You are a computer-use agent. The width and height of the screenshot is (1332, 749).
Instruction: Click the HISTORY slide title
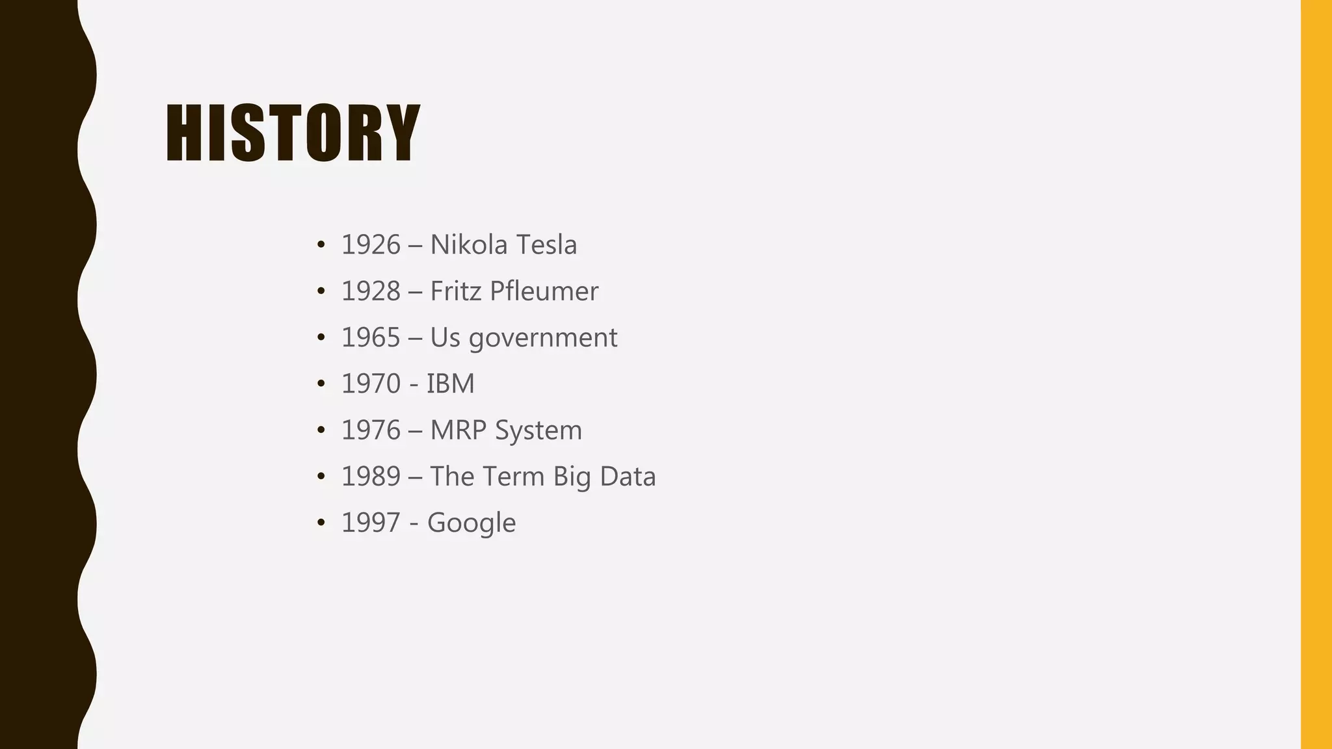tap(293, 133)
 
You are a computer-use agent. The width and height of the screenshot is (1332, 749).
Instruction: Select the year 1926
tap(371, 245)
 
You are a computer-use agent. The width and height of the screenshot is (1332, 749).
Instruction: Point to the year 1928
tap(371, 291)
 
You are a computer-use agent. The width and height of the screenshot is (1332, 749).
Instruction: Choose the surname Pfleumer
tap(544, 291)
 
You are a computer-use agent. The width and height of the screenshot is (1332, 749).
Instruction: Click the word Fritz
tap(455, 291)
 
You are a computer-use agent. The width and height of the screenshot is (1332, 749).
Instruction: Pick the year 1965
tap(371, 337)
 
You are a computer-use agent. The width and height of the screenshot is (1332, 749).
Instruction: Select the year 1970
tap(371, 384)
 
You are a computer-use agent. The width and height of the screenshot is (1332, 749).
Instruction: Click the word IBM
tap(450, 384)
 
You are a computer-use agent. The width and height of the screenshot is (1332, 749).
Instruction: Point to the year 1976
tap(371, 430)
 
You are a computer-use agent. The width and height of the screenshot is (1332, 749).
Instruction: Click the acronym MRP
tap(459, 430)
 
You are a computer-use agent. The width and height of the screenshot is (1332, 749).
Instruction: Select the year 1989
tap(371, 477)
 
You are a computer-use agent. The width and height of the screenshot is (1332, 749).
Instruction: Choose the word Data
tap(628, 477)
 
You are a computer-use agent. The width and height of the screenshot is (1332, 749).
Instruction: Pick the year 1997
tap(371, 523)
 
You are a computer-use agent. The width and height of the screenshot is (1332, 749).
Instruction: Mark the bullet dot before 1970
tap(321, 384)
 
